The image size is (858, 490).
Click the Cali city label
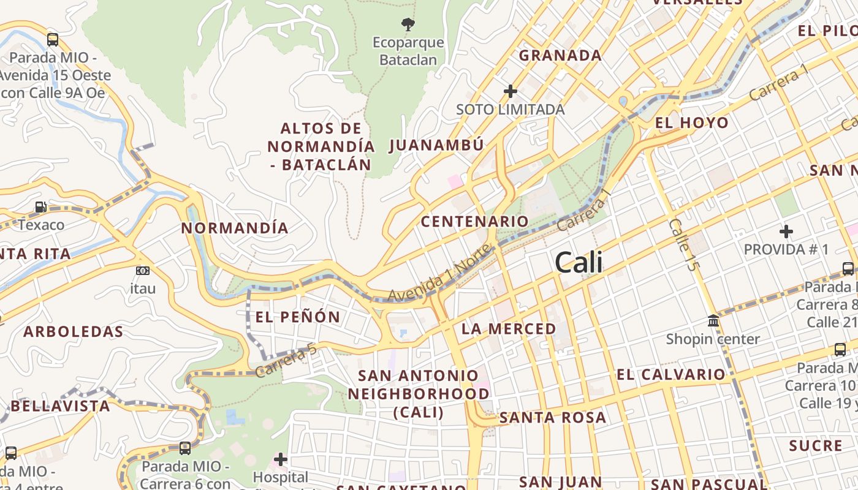click(x=579, y=263)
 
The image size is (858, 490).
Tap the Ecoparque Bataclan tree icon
click(x=408, y=24)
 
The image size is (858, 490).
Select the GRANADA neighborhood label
click(x=560, y=55)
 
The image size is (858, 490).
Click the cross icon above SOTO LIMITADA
click(x=510, y=91)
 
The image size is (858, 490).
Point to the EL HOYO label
click(x=692, y=123)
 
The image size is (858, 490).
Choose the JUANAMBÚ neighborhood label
click(x=436, y=145)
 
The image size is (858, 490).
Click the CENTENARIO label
click(x=474, y=221)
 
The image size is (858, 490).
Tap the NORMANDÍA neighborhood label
click(x=235, y=228)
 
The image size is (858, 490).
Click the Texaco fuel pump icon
click(x=40, y=208)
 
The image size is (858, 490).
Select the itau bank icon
click(x=142, y=270)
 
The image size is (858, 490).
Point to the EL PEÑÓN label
click(x=297, y=317)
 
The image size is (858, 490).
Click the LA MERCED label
click(x=509, y=329)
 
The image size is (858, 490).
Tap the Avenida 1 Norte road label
click(x=439, y=273)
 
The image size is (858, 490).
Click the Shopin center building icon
click(x=713, y=320)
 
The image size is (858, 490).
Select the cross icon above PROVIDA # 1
click(x=786, y=232)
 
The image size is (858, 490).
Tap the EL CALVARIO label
click(x=670, y=374)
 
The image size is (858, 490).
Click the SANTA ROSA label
click(x=553, y=418)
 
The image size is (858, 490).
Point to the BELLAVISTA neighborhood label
click(x=60, y=405)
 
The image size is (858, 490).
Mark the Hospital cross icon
click(x=280, y=459)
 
